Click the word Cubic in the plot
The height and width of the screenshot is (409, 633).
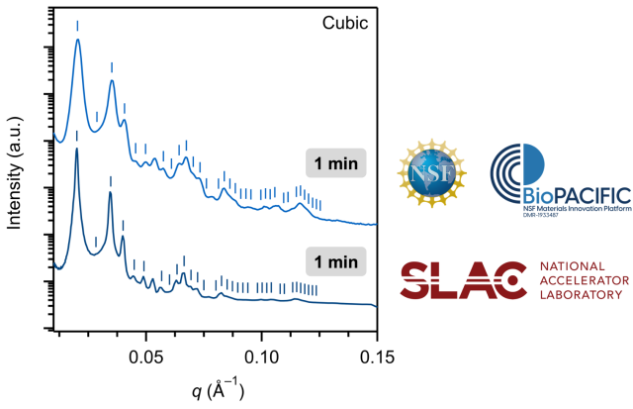pyautogui.click(x=347, y=22)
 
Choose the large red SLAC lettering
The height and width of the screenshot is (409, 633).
pyautogui.click(x=461, y=280)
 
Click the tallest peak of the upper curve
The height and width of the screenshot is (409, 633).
pyautogui.click(x=77, y=42)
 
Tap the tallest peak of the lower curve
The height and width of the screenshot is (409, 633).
pyautogui.click(x=76, y=150)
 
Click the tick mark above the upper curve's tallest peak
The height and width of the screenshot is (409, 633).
pyautogui.click(x=77, y=25)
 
